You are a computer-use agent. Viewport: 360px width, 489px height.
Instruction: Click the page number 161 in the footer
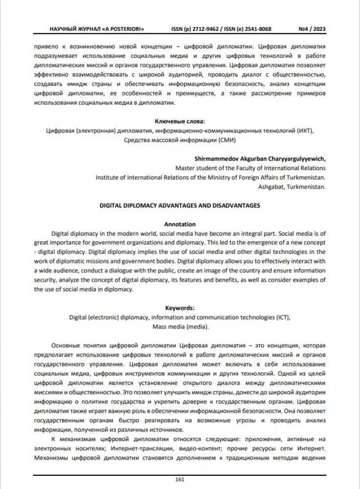[x=180, y=479]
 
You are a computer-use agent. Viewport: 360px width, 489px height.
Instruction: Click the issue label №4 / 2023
[x=312, y=29]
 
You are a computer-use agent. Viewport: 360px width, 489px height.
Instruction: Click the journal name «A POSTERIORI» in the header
[x=123, y=29]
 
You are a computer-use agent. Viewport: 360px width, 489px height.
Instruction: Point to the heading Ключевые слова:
[x=180, y=121]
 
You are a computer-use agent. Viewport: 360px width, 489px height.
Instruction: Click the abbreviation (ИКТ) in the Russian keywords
[x=305, y=131]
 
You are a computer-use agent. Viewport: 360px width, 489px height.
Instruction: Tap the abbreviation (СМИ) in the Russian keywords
[x=225, y=140]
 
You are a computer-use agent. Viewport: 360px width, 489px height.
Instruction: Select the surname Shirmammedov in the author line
[x=215, y=158]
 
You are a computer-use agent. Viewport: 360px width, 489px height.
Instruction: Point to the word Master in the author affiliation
[x=184, y=168]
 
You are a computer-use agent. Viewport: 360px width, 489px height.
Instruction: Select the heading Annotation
[x=180, y=224]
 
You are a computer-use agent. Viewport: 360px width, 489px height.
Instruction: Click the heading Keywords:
[x=180, y=308]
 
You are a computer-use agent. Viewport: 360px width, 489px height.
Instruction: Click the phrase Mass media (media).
[x=180, y=326]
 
